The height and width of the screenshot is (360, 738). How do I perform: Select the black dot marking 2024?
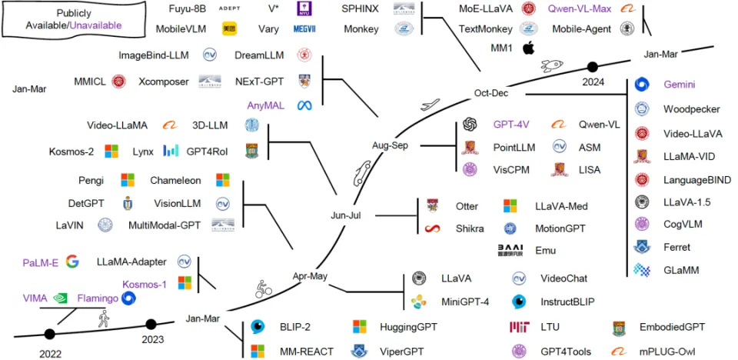(592, 67)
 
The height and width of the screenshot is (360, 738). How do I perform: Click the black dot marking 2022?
(50, 334)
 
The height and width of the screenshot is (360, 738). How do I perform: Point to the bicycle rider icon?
(263, 289)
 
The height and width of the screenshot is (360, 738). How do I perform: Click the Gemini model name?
(680, 87)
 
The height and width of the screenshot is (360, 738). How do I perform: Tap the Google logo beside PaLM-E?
(72, 262)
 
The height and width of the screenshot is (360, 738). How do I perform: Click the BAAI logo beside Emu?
(510, 250)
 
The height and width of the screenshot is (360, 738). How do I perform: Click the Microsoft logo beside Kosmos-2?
(112, 151)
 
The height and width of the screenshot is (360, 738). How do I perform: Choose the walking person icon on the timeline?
(102, 318)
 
